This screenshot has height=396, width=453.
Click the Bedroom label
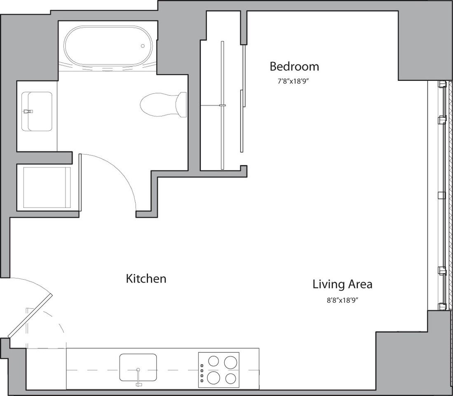[294, 66]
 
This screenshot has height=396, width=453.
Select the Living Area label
[342, 284]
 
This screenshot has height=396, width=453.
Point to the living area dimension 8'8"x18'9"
[342, 300]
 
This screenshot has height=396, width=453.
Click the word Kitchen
[146, 279]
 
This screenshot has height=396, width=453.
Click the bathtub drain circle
[143, 46]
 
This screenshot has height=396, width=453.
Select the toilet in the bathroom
[163, 104]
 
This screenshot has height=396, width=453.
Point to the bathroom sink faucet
[28, 111]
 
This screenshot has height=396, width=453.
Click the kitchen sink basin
[138, 367]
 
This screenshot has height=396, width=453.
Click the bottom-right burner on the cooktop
[231, 378]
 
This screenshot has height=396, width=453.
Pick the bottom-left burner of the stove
[213, 377]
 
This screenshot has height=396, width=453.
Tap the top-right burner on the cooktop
[230, 362]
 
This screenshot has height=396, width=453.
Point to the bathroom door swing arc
[126, 177]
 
